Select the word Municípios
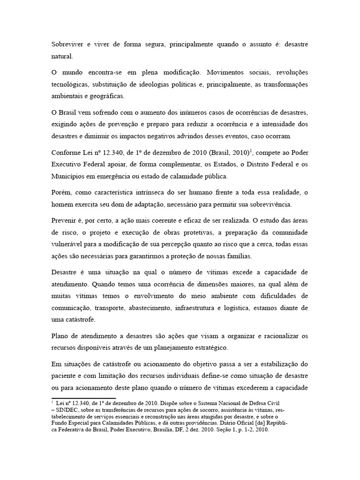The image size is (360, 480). [x=69, y=176]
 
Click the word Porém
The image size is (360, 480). [x=60, y=193]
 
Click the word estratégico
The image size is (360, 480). [x=207, y=348]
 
